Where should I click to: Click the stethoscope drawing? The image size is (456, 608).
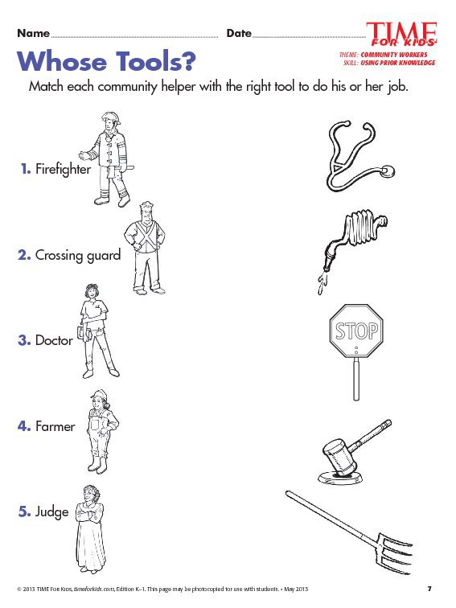pyautogui.click(x=358, y=154)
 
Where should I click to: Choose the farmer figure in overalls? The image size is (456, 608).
pyautogui.click(x=101, y=430)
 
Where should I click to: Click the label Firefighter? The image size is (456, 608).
pyautogui.click(x=63, y=169)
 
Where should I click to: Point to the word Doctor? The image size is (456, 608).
pyautogui.click(x=54, y=340)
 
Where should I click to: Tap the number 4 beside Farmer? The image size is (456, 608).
pyautogui.click(x=23, y=426)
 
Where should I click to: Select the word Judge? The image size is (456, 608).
pyautogui.click(x=51, y=511)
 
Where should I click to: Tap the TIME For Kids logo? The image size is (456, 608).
pyautogui.click(x=401, y=34)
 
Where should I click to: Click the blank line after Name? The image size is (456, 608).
pyautogui.click(x=134, y=35)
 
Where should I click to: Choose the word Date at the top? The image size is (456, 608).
pyautogui.click(x=239, y=33)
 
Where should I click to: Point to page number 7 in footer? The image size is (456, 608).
pyautogui.click(x=429, y=589)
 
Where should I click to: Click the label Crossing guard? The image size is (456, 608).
pyautogui.click(x=77, y=255)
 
